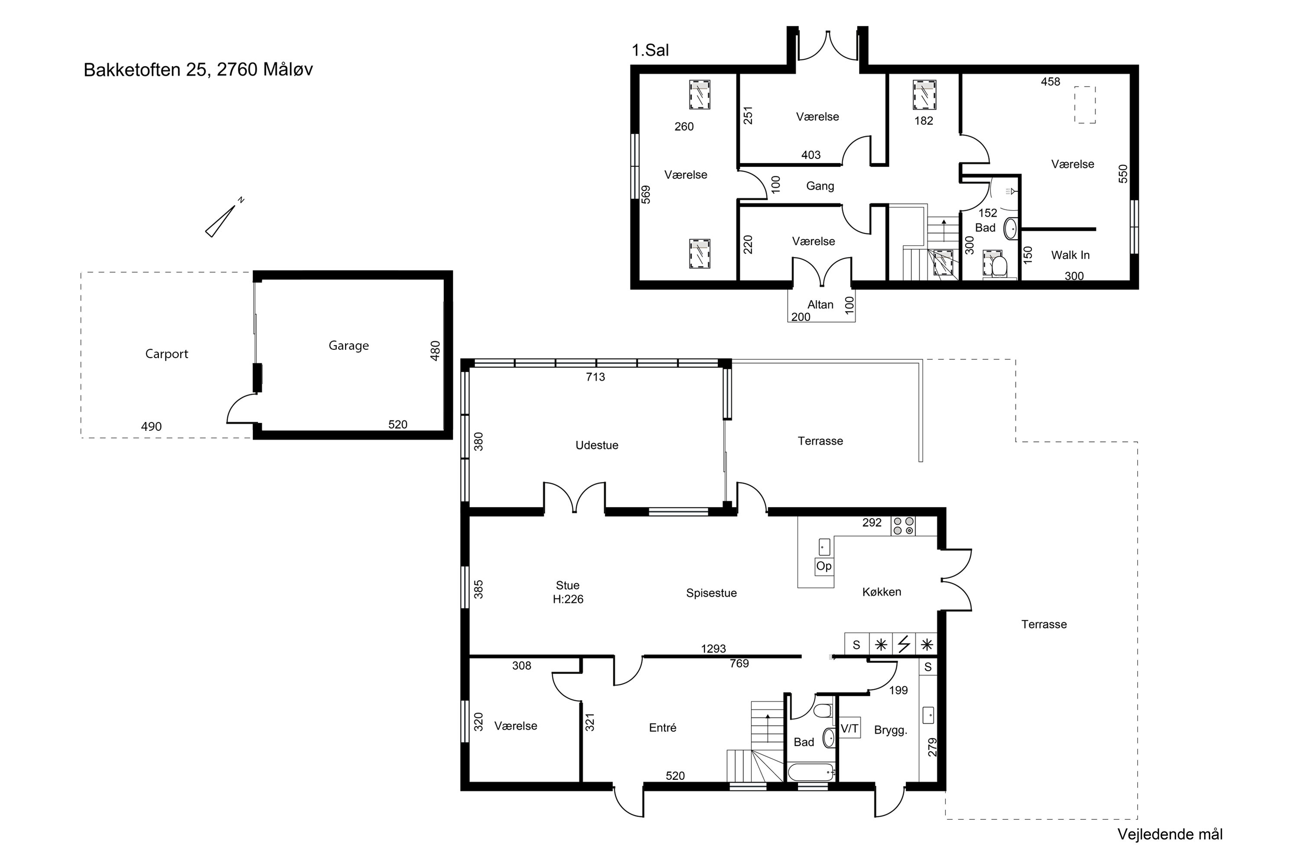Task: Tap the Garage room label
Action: pyautogui.click(x=349, y=346)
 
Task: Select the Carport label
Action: pyautogui.click(x=166, y=354)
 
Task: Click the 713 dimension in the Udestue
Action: pyautogui.click(x=595, y=377)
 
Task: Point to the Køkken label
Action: pyautogui.click(x=882, y=592)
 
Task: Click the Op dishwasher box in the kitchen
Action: pyautogui.click(x=824, y=566)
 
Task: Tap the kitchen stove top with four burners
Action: pyautogui.click(x=903, y=526)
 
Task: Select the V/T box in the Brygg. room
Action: pyautogui.click(x=850, y=728)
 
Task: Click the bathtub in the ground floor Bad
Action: pyautogui.click(x=811, y=772)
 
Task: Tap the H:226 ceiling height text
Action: pyautogui.click(x=568, y=599)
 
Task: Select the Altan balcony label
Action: pyautogui.click(x=820, y=305)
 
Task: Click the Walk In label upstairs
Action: pyautogui.click(x=1070, y=255)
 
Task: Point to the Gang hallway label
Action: pyautogui.click(x=820, y=186)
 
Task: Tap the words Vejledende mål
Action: pyautogui.click(x=1170, y=834)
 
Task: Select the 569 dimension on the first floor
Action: pyautogui.click(x=646, y=194)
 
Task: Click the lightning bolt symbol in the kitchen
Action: pyautogui.click(x=904, y=644)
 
